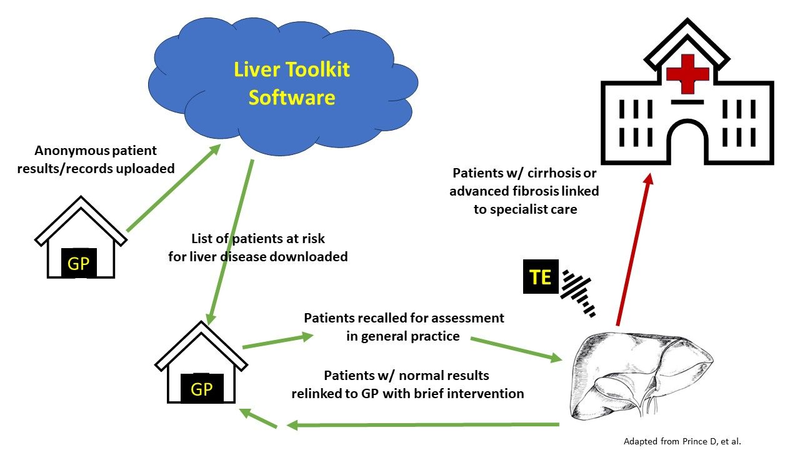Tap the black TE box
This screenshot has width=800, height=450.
[x=541, y=277]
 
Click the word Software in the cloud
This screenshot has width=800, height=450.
[x=292, y=97]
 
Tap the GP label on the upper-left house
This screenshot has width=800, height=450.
[x=78, y=263]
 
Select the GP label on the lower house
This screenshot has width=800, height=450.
[x=201, y=389]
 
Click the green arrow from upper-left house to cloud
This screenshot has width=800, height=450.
[x=173, y=189]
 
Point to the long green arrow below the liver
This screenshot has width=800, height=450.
[x=422, y=426]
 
